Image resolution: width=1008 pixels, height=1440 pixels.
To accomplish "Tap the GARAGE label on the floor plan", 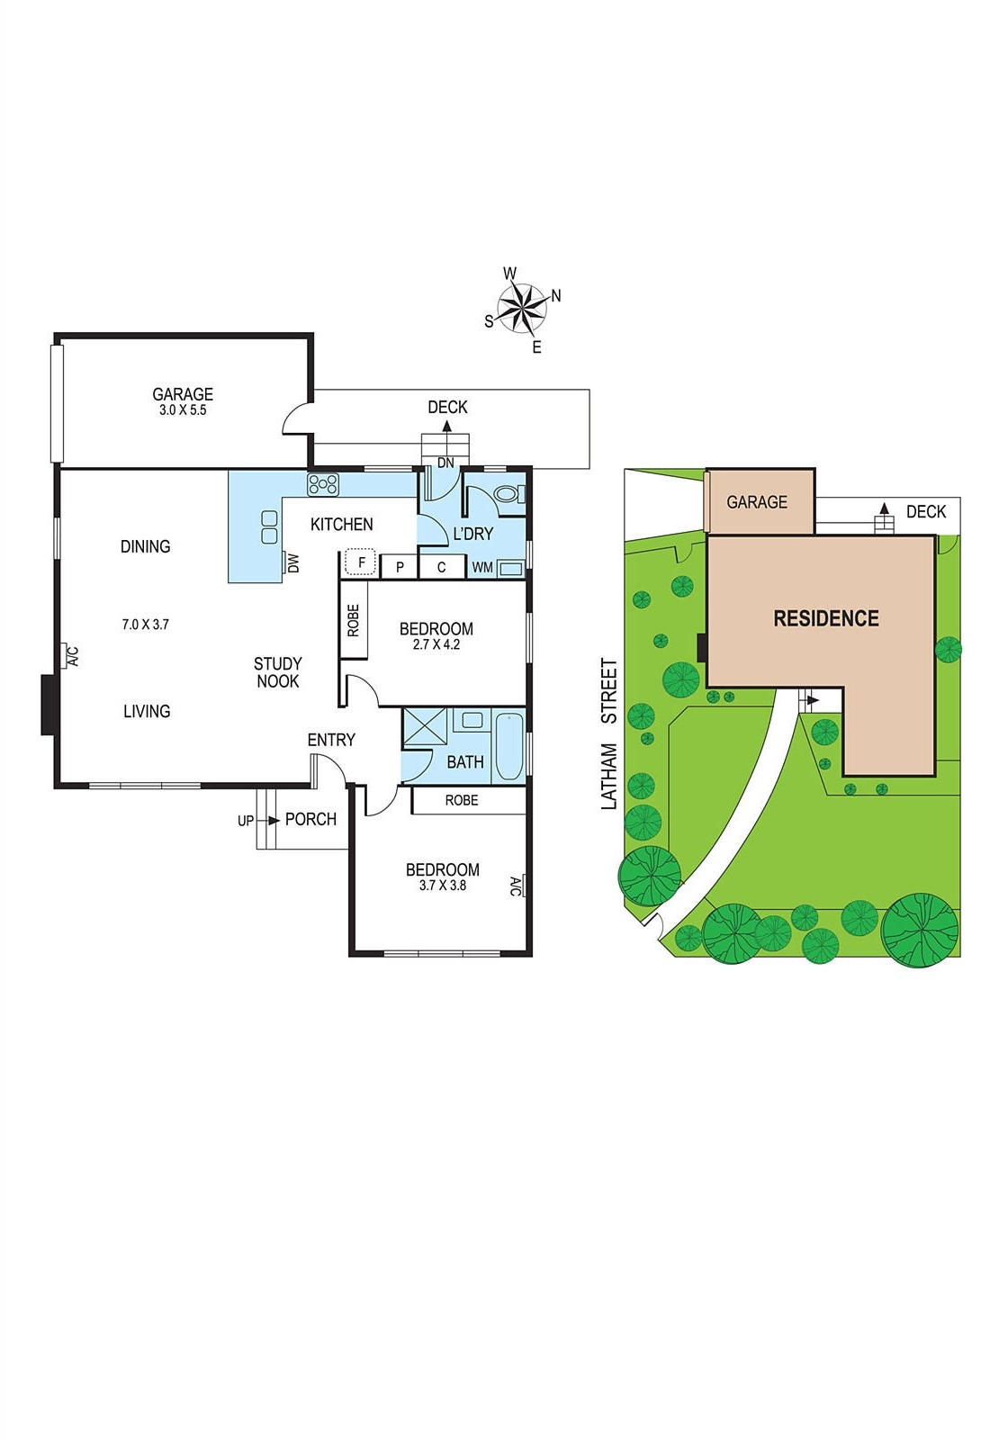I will [183, 394].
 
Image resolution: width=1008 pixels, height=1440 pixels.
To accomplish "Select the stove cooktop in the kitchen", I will [323, 485].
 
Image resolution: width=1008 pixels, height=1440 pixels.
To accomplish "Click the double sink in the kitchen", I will [269, 526].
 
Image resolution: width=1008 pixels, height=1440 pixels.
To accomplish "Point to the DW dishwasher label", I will [293, 562].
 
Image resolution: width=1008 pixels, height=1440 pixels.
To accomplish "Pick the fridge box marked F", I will [361, 563].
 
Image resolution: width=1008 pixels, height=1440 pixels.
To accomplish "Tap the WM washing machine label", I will [482, 568].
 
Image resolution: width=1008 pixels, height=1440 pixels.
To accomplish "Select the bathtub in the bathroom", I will [509, 746].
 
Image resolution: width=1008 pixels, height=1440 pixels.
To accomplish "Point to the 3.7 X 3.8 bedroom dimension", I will [443, 886].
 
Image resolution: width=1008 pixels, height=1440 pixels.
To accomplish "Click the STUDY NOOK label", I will [277, 672].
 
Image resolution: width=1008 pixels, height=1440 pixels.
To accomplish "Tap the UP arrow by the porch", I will [246, 821].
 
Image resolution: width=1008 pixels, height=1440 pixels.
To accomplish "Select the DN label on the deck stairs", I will [445, 463].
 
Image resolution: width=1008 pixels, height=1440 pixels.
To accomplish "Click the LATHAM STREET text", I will [609, 733].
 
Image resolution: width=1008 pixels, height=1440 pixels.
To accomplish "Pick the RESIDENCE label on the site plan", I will [826, 618].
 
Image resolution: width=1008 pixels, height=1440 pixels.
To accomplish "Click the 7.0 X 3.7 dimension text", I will [146, 624].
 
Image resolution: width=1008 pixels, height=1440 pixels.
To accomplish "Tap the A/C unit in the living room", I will [69, 656].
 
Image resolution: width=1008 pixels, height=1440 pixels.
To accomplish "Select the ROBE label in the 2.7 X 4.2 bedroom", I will [353, 619].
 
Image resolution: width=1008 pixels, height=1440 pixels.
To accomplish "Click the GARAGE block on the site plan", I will [758, 501].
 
